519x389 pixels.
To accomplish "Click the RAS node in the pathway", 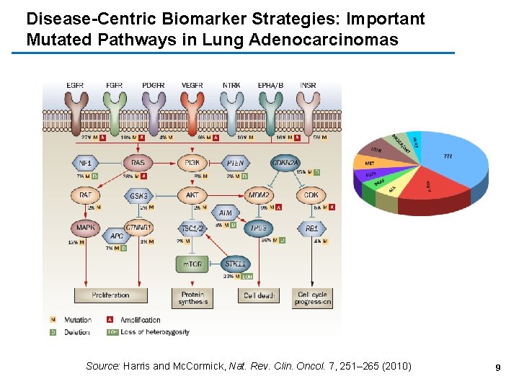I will pos(138,163).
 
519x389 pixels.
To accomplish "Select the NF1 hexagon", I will pos(85,163).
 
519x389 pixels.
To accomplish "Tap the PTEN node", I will pos(235,163).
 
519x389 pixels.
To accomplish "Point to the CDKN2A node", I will pos(285,163).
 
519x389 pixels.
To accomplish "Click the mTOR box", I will pos(192,264).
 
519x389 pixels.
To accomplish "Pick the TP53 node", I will pos(257,229).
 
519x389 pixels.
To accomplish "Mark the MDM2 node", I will pos(259,195).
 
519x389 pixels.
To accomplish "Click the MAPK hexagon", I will pos(85,229).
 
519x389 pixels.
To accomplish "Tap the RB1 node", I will pos(311,229).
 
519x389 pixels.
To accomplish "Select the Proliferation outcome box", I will pos(110,295).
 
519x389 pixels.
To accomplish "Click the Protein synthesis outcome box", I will pos(192,298).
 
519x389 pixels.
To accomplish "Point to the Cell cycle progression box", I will pos(312,298).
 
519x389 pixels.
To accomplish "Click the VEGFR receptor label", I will pos(192,86).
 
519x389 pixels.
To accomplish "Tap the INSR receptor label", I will pos(308,86).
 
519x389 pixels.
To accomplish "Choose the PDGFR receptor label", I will pos(153,86).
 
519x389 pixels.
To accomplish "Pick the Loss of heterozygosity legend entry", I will pos(150,332).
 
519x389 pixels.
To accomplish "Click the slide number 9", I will pos(497,367).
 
